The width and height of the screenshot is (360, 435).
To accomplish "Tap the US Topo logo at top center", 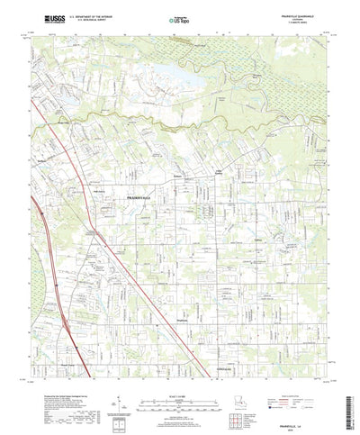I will (180, 16).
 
